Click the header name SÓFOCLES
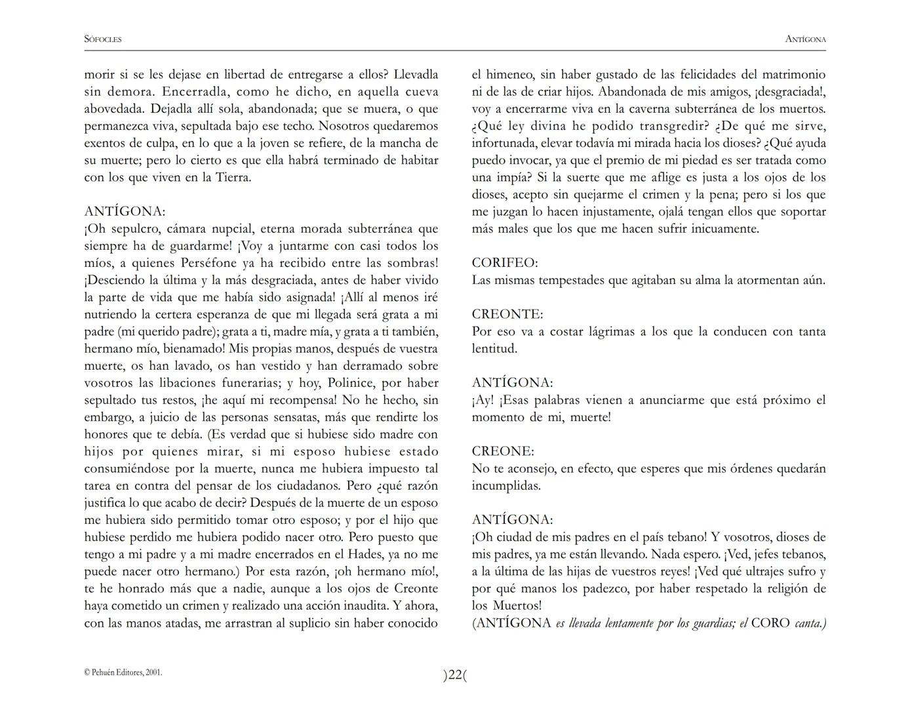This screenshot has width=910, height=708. [x=103, y=39]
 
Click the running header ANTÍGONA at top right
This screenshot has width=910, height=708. [x=805, y=39]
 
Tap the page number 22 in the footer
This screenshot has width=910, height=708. [x=455, y=675]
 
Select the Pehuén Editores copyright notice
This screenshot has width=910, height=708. [x=123, y=672]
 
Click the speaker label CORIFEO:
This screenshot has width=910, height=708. [x=505, y=263]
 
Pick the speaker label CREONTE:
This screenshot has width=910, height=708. [x=507, y=315]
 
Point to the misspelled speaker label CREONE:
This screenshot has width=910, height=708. [x=503, y=452]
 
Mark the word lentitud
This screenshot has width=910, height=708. [x=494, y=349]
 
